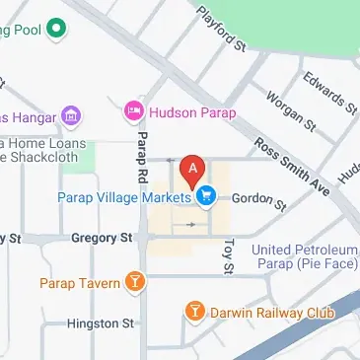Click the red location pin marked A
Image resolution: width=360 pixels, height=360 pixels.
[x=191, y=171]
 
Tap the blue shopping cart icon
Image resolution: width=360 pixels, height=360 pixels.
[x=205, y=197]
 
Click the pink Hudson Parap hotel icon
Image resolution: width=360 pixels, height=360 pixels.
[x=133, y=113]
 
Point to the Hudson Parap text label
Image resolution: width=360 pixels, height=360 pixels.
[x=192, y=113]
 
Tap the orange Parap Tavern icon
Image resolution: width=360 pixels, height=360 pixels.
[x=135, y=284]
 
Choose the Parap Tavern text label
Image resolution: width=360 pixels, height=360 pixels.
[x=81, y=284]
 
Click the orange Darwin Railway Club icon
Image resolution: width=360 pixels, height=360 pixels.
[x=195, y=314]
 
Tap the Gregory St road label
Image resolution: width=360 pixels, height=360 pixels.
[x=102, y=238]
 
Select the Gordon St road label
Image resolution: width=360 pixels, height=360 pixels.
[x=258, y=201]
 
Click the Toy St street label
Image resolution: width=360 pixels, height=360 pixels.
[x=228, y=254]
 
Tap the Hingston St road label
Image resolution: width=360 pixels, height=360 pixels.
[x=100, y=323]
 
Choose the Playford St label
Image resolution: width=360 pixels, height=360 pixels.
[x=220, y=28]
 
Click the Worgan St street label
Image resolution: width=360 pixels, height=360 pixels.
[x=289, y=112]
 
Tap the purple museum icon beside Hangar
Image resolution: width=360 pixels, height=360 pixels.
[x=70, y=116]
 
